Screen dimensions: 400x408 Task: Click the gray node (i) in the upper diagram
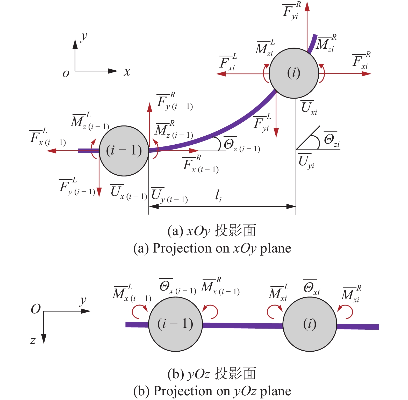tap(294, 73)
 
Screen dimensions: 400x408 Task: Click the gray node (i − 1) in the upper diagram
tap(124, 151)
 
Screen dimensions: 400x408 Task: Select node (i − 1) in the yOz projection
tap(175, 324)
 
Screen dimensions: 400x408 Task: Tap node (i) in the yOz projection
tap(310, 324)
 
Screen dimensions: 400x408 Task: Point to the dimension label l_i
tap(218, 196)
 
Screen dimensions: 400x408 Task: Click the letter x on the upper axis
tap(127, 72)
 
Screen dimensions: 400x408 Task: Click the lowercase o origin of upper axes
tap(66, 73)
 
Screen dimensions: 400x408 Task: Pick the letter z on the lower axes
tap(33, 340)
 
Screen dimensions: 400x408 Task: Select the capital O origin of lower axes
tap(36, 309)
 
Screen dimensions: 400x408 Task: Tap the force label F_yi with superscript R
tap(291, 11)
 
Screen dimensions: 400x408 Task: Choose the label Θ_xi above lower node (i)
tap(311, 288)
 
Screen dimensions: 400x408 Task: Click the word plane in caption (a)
tap(276, 248)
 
